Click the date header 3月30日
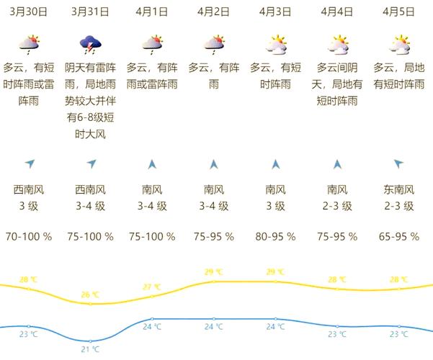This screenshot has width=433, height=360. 29,12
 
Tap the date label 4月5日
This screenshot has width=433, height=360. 399,12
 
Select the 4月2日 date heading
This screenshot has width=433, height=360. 214,12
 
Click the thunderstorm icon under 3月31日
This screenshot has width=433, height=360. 91,45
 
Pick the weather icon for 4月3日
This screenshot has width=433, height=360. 276,45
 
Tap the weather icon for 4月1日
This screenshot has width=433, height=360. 152,45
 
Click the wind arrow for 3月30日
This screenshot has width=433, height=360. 29,164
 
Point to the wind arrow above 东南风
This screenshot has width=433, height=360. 399,164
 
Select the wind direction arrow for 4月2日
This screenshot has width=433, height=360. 214,164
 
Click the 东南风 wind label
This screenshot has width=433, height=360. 399,190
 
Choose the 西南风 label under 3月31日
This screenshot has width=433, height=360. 91,190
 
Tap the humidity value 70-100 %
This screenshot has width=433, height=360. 29,236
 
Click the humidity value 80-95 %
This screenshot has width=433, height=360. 276,236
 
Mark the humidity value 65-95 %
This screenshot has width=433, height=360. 399,236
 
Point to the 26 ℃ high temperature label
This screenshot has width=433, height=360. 91,294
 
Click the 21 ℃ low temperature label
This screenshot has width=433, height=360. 91,349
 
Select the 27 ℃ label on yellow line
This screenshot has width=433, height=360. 152,287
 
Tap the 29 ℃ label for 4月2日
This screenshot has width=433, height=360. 214,272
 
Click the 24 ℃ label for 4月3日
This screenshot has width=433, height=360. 276,326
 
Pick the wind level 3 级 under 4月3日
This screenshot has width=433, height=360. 276,206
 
